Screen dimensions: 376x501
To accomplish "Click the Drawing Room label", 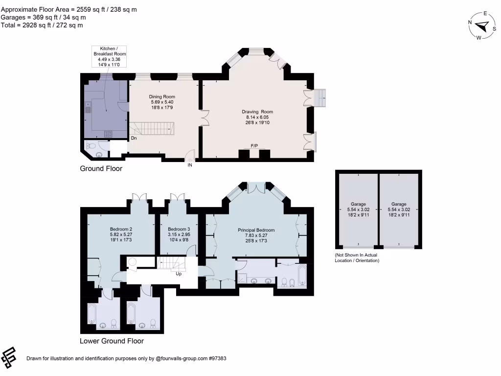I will (257, 117).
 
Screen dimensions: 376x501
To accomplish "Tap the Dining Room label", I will (162, 102).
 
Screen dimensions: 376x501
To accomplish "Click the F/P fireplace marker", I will (254, 146).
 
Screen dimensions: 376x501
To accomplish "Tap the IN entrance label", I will (190, 165).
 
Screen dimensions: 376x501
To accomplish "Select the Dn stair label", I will (133, 139).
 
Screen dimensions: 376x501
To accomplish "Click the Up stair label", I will (179, 274).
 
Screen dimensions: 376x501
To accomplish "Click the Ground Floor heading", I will (101, 169).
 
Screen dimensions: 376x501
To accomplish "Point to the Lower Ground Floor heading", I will (112, 341).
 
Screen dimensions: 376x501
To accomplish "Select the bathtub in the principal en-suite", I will (300, 276).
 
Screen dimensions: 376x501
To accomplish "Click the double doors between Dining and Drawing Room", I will (205, 118).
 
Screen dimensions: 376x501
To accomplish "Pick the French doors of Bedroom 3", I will (177, 197).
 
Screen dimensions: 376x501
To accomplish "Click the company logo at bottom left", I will (10, 358).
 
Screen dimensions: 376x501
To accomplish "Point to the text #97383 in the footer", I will (217, 358).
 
